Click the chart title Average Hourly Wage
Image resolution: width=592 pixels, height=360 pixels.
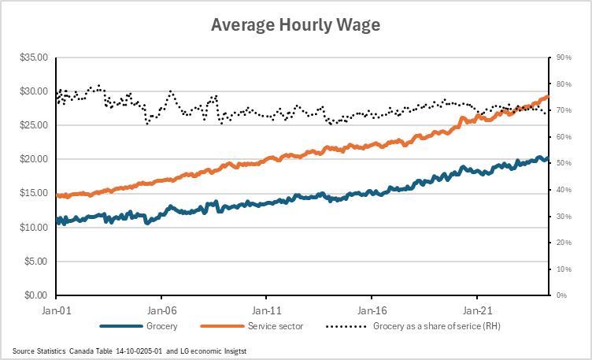click(295, 25)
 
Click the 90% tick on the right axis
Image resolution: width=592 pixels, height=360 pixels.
click(564, 58)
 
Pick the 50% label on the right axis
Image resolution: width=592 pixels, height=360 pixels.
click(564, 163)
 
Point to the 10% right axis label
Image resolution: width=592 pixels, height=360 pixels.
click(564, 269)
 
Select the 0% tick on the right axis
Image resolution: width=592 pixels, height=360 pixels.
click(562, 295)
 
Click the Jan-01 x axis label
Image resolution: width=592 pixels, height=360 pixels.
click(56, 310)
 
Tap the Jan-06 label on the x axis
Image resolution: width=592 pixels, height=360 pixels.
click(161, 310)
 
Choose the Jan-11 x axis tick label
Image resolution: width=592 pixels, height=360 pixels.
click(267, 310)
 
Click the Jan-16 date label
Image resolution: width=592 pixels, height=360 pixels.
click(372, 310)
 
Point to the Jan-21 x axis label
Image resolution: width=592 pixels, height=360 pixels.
click(478, 310)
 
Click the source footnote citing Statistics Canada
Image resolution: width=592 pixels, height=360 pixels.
click(129, 350)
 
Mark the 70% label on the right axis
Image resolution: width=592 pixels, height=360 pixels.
click(564, 110)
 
